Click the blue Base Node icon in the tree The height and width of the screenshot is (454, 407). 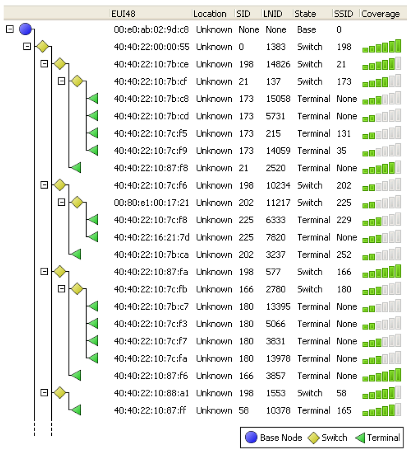click(x=25, y=29)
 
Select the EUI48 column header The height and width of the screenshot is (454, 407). click(x=124, y=14)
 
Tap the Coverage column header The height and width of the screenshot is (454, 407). click(x=380, y=14)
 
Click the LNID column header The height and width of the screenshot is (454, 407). click(x=273, y=14)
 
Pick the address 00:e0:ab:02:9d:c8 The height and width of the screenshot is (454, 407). click(x=151, y=29)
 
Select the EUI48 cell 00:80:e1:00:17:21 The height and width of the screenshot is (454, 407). click(x=151, y=203)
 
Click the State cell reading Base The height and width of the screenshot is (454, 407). click(x=306, y=29)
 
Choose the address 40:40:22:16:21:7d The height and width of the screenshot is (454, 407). click(x=151, y=237)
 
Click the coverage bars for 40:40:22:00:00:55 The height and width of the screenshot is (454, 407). click(x=382, y=47)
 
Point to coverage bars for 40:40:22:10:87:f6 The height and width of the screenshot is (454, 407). click(x=382, y=375)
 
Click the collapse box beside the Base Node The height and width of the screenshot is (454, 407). click(x=10, y=29)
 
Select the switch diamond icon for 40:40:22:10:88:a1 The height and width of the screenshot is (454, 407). click(x=60, y=393)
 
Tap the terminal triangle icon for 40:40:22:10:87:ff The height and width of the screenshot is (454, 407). click(x=76, y=410)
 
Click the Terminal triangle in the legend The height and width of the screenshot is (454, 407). click(x=360, y=438)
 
